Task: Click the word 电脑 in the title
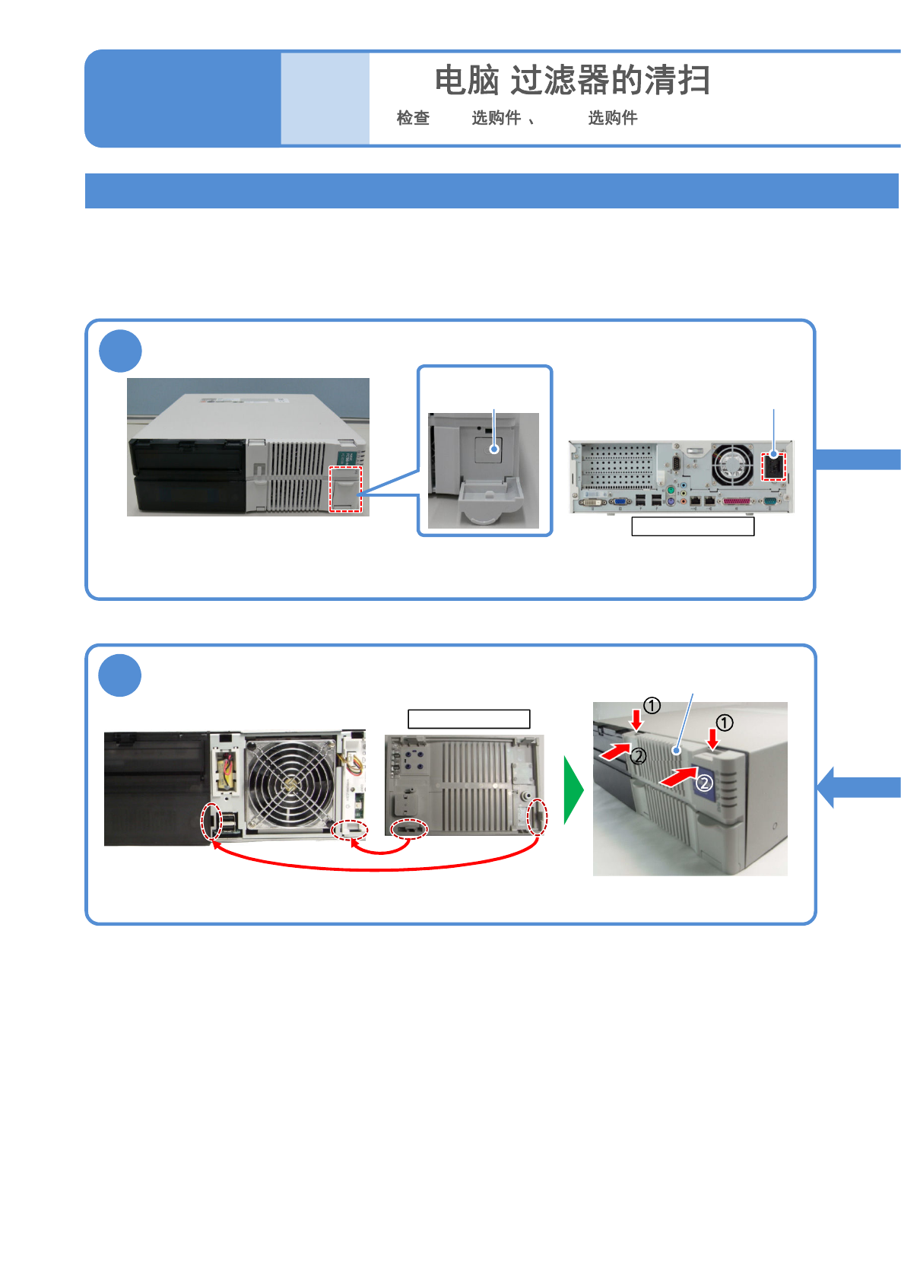pyautogui.click(x=466, y=81)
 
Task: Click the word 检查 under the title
pyautogui.click(x=413, y=118)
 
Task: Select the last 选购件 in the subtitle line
pyautogui.click(x=612, y=118)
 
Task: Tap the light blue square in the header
pyautogui.click(x=325, y=98)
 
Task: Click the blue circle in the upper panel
pyautogui.click(x=120, y=351)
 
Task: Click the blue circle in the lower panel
pyautogui.click(x=120, y=675)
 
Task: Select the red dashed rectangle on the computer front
pyautogui.click(x=345, y=489)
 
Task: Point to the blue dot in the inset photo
pyautogui.click(x=494, y=449)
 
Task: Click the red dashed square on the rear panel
pyautogui.click(x=773, y=465)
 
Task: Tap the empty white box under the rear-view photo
pyautogui.click(x=693, y=526)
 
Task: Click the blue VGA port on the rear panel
pyautogui.click(x=620, y=502)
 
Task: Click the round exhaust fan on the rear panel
pyautogui.click(x=731, y=465)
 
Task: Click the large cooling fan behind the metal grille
pyautogui.click(x=289, y=783)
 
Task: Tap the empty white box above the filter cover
pyautogui.click(x=468, y=719)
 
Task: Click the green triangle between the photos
pyautogui.click(x=572, y=790)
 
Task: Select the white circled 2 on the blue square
pyautogui.click(x=705, y=783)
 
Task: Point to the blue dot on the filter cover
pyautogui.click(x=676, y=751)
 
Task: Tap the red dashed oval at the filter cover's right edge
pyautogui.click(x=537, y=817)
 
